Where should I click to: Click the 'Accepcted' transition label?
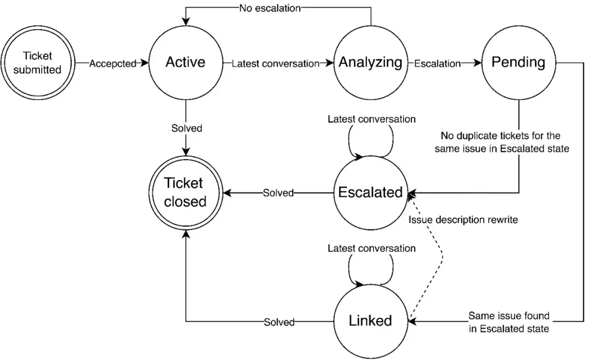pos(113,64)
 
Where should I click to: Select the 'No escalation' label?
pos(270,8)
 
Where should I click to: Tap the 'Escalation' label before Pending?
pos(438,64)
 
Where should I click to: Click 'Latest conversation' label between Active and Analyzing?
pos(275,64)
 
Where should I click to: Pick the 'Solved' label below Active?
pos(187,128)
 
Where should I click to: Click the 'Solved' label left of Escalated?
pos(278,193)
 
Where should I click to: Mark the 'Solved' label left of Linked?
pos(279,322)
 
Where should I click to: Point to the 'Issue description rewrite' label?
pos(463,220)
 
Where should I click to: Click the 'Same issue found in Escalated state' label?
pos(509,322)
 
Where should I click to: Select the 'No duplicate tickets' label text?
pos(502,142)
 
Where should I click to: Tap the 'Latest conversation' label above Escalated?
pos(372,119)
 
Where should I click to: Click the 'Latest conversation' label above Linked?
pos(372,249)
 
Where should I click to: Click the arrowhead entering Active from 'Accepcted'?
pos(144,63)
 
